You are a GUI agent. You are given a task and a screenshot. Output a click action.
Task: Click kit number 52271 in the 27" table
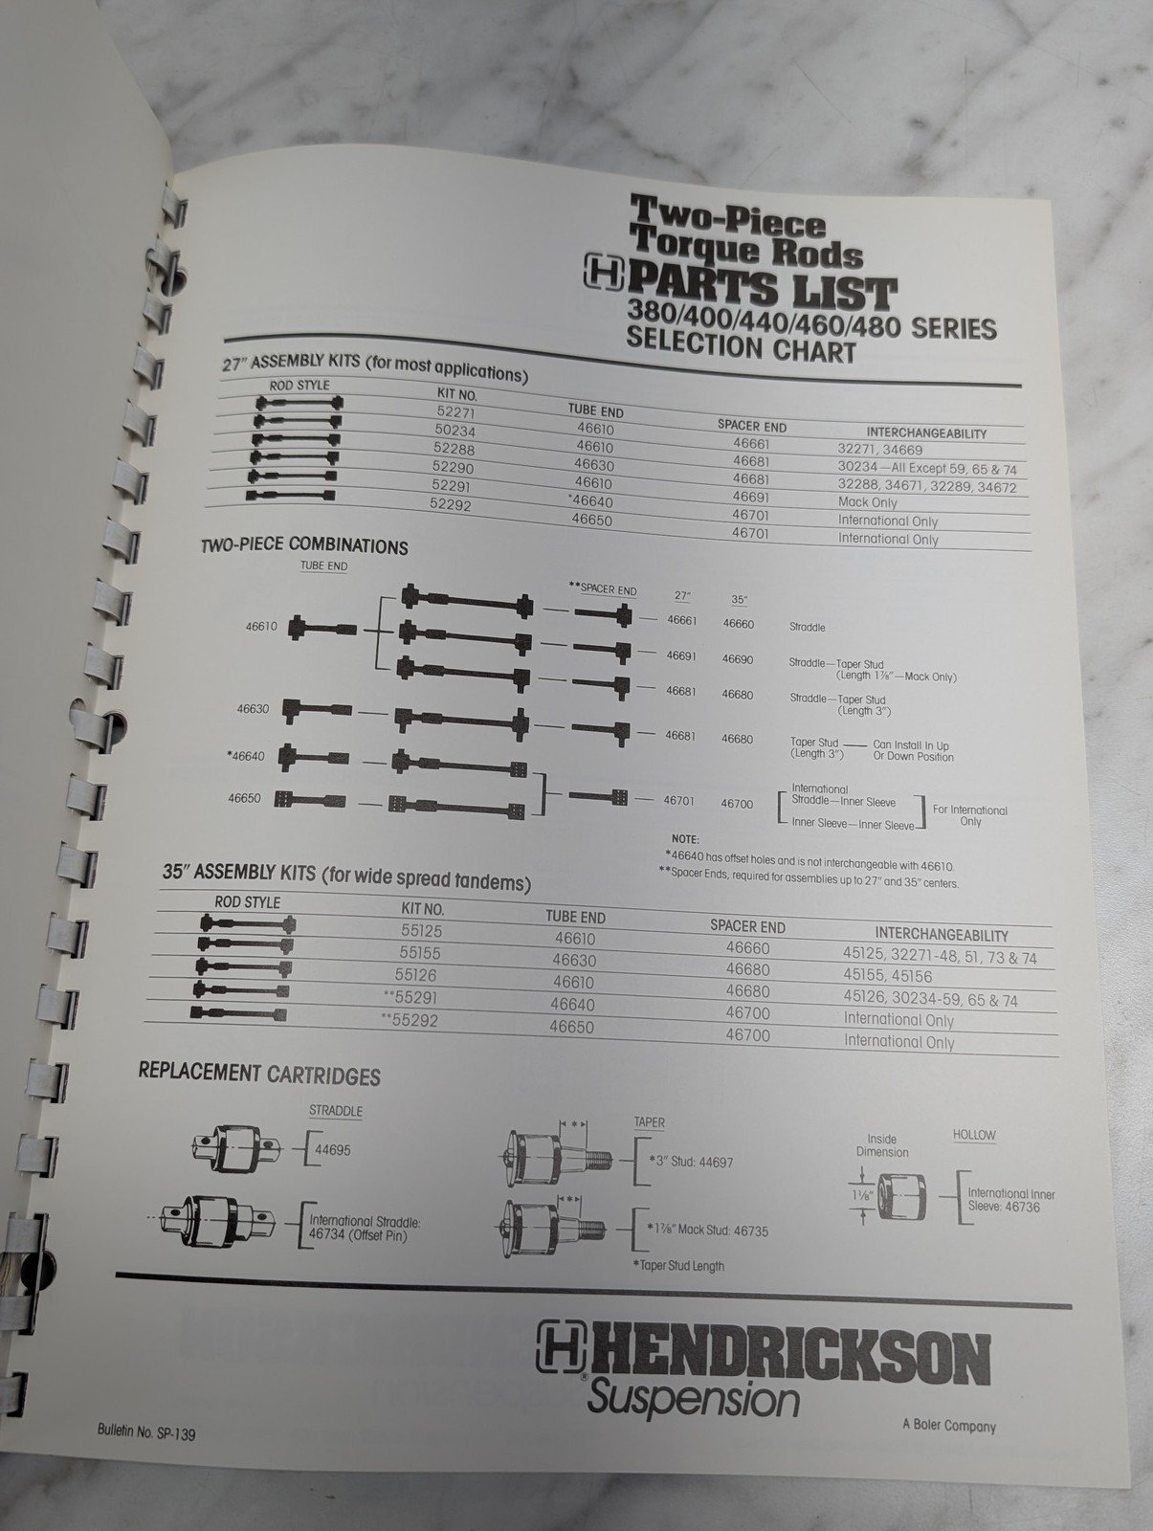455,411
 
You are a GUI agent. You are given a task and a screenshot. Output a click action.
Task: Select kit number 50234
455,430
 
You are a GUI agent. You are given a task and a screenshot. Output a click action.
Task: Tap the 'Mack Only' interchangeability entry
867,502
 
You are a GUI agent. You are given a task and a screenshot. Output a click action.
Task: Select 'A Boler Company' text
948,1426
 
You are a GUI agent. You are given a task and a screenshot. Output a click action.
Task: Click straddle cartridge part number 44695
333,1149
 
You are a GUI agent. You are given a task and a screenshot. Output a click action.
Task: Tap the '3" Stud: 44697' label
691,1162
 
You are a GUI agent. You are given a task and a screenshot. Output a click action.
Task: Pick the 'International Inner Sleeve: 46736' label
1010,1200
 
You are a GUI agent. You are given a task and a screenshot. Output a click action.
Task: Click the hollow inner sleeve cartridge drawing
900,1196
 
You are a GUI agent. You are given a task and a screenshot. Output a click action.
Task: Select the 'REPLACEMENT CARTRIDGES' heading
259,1075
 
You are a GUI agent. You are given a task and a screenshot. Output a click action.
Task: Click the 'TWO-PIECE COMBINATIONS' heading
304,545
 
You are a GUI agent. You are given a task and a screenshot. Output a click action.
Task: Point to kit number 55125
421,930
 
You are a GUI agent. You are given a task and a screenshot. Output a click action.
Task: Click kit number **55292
410,1020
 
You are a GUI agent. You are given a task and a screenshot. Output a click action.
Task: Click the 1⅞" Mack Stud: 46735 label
707,1231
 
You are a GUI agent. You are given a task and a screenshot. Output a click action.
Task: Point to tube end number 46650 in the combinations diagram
244,798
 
